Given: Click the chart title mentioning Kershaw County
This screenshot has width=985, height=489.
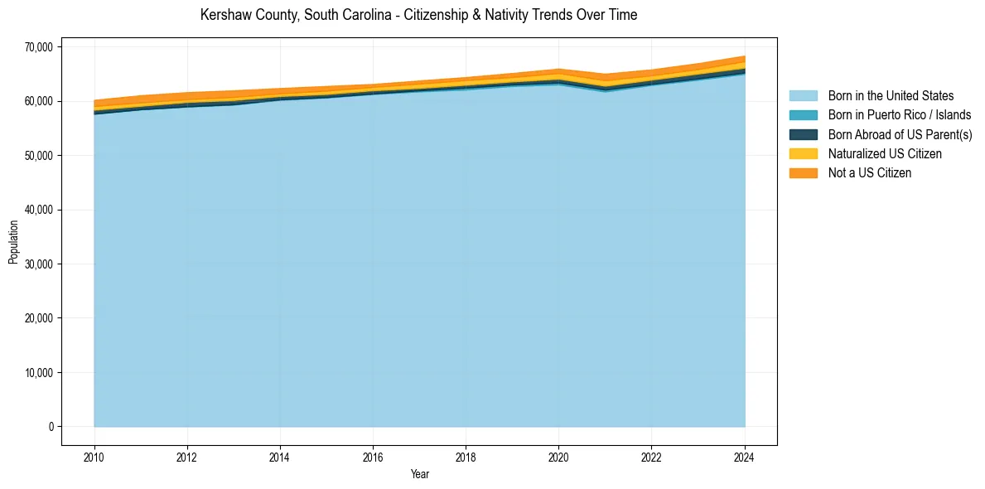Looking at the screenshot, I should (x=418, y=15).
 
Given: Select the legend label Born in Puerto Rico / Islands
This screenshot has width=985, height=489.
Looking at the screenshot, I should (x=900, y=115).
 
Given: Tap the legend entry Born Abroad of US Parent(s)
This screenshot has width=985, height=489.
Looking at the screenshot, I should (x=900, y=134).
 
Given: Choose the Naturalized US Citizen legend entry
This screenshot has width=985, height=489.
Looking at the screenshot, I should (x=885, y=153).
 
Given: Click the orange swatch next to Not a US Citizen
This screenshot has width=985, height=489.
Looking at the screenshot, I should (x=803, y=173).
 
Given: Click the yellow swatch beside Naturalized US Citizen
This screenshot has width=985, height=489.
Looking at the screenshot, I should (x=803, y=153).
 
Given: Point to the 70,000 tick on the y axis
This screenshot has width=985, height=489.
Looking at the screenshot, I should (x=38, y=47).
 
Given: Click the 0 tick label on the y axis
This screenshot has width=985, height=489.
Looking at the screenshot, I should (x=51, y=427).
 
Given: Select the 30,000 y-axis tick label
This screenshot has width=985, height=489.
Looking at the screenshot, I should (x=38, y=264).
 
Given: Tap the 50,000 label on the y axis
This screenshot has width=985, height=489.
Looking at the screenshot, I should (x=38, y=156).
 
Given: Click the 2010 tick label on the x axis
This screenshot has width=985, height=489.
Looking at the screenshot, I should (x=94, y=456).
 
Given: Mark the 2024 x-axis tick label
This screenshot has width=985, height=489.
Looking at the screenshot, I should (x=745, y=456).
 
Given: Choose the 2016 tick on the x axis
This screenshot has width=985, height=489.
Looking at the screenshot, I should (x=373, y=456).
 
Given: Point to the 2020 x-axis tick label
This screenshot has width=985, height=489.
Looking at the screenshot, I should (x=559, y=456).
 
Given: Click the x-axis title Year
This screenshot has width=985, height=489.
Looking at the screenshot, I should (x=419, y=474).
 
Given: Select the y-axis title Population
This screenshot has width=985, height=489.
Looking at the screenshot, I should (x=13, y=241).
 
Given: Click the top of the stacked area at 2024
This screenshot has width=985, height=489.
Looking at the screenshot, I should (x=744, y=57).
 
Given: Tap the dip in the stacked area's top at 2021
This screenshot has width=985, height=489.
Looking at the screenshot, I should (x=606, y=75).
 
